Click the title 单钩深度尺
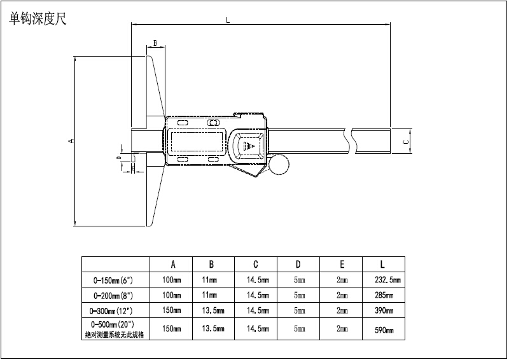[x=38, y=19]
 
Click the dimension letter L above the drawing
[x=228, y=21]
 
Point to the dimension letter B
[x=155, y=43]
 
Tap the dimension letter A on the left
[x=71, y=141]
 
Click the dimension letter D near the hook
[x=118, y=156]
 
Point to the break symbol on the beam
[x=348, y=140]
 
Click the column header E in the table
[x=342, y=264]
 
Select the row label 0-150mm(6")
[x=113, y=279]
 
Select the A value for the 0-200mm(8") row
[x=172, y=295]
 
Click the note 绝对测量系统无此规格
[x=114, y=335]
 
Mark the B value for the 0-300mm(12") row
[x=214, y=311]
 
